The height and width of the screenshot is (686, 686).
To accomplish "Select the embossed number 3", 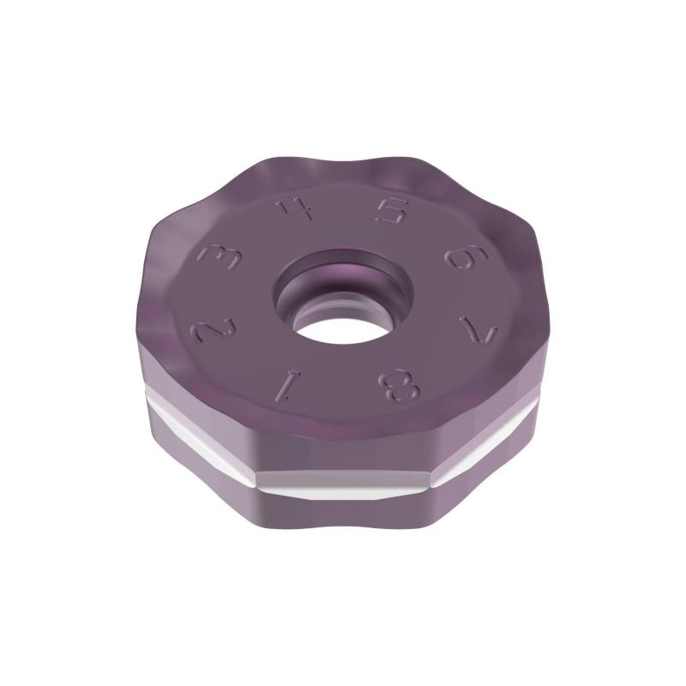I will [214, 256].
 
